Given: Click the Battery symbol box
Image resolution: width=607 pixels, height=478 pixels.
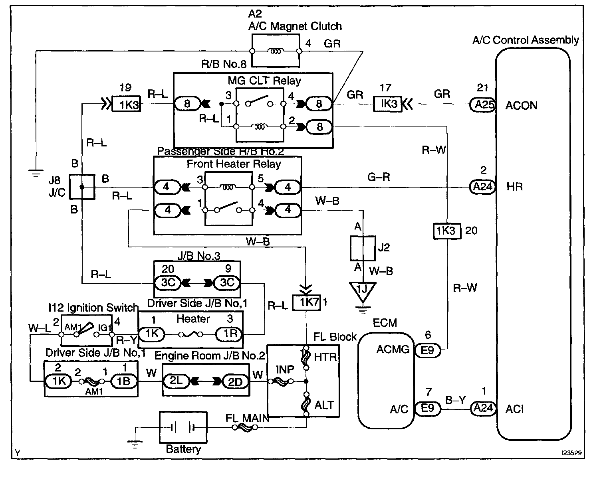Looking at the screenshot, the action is tap(183, 427).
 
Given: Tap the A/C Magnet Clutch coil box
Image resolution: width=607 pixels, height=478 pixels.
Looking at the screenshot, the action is tap(276, 51).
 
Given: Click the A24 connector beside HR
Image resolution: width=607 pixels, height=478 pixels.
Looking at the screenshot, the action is tap(483, 187).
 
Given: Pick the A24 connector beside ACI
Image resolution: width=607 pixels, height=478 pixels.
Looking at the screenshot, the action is tap(483, 408).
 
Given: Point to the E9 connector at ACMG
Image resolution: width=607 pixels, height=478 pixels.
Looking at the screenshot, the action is tap(427, 350).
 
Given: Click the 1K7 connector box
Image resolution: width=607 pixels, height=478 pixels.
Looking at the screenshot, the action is tap(306, 302).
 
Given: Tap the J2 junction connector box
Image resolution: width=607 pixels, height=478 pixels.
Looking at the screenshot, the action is tap(363, 248).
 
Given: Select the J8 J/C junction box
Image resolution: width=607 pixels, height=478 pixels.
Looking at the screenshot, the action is tap(82, 187).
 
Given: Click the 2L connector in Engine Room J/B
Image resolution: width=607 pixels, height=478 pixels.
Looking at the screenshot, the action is tap(176, 381).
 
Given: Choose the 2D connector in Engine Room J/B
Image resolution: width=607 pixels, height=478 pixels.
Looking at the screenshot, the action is tap(235, 381).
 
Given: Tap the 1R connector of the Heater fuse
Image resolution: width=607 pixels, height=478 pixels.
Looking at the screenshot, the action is tap(229, 334).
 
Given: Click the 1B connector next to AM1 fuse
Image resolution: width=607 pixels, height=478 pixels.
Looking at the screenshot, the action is tap(124, 381).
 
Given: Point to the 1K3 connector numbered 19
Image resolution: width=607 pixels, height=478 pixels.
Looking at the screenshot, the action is tap(126, 104).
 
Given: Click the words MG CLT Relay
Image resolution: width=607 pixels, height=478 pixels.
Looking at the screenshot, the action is tap(264, 81).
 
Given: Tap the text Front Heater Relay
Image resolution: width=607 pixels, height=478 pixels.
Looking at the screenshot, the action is tap(234, 164).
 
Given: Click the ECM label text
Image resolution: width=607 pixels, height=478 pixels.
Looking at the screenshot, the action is tap(385, 323).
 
